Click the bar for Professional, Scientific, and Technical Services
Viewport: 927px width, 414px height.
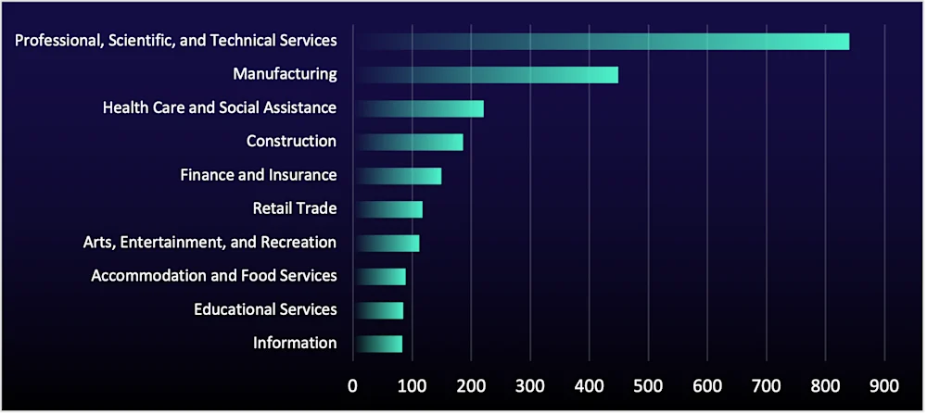pos(603,42)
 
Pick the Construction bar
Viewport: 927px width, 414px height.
pos(409,142)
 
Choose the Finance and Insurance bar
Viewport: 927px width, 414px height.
pos(399,176)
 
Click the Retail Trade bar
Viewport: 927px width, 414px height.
pos(389,209)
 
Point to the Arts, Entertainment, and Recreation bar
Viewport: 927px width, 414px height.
pos(387,243)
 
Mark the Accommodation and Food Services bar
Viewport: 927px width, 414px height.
pos(381,277)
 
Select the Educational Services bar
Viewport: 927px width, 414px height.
pos(380,310)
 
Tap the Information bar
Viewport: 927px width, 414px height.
pos(379,344)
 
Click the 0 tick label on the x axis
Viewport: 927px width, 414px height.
pos(352,384)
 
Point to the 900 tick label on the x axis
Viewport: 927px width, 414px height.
pos(884,384)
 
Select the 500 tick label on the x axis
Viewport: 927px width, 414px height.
pos(648,384)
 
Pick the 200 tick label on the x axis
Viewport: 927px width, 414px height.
pos(471,384)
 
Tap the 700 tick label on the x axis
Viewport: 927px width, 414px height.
pos(766,384)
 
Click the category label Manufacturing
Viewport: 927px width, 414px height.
pos(285,74)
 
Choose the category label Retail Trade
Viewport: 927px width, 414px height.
pos(294,208)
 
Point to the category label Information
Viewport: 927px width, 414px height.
pos(295,343)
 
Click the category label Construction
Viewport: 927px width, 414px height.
pos(291,141)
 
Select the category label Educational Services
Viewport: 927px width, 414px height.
pos(265,309)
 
